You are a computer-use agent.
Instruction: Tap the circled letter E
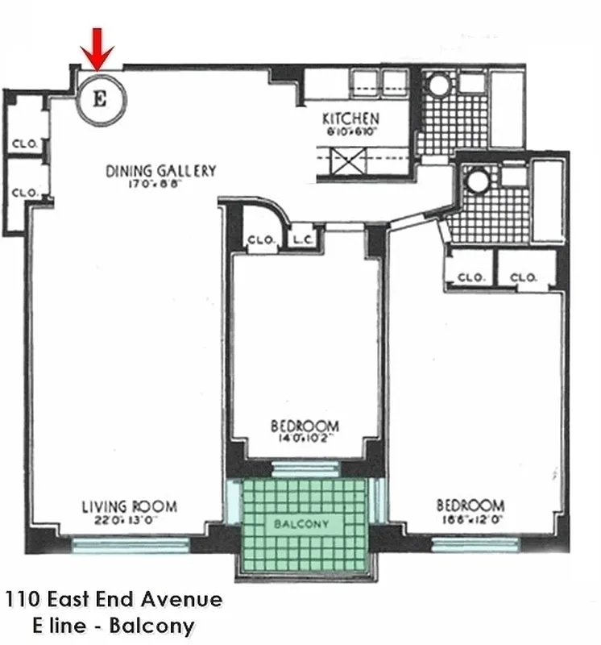click(x=101, y=99)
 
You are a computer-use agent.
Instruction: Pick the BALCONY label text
click(x=302, y=524)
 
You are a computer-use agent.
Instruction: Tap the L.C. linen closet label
click(x=303, y=239)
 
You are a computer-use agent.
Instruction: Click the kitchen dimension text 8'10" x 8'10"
click(x=352, y=131)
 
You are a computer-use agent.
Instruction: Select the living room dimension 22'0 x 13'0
click(x=129, y=521)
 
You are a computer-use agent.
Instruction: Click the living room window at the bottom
click(x=130, y=545)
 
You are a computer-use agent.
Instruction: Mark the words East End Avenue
click(x=131, y=599)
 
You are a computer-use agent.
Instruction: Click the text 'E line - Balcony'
click(x=114, y=625)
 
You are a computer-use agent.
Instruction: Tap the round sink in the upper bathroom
click(x=440, y=86)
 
